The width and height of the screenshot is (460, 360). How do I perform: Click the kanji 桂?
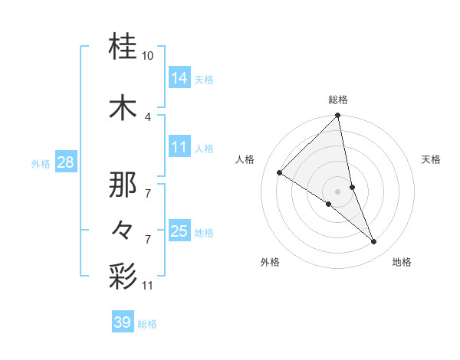tap(123, 47)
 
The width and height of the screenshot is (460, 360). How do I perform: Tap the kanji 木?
tap(123, 108)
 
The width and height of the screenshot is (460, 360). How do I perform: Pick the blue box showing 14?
tap(179, 78)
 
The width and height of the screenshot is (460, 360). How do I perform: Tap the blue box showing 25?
tap(179, 231)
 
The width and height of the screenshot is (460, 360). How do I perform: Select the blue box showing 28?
tap(66, 162)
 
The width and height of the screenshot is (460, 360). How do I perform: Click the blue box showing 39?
tap(123, 322)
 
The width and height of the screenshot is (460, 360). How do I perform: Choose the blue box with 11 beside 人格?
tap(179, 147)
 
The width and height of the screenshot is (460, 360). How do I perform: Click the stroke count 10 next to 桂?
tap(148, 56)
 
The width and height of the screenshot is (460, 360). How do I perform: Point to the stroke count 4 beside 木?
tap(148, 116)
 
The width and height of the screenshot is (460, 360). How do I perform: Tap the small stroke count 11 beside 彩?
tap(148, 286)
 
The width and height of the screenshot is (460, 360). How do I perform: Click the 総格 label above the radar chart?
tap(338, 100)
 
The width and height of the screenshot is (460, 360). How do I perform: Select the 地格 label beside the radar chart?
tap(402, 262)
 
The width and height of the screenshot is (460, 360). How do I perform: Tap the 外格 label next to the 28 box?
tap(41, 163)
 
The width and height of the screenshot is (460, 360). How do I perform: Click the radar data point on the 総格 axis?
tap(338, 116)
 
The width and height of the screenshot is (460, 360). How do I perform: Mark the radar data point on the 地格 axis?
tap(374, 242)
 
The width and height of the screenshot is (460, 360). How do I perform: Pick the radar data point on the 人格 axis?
tap(280, 172)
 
